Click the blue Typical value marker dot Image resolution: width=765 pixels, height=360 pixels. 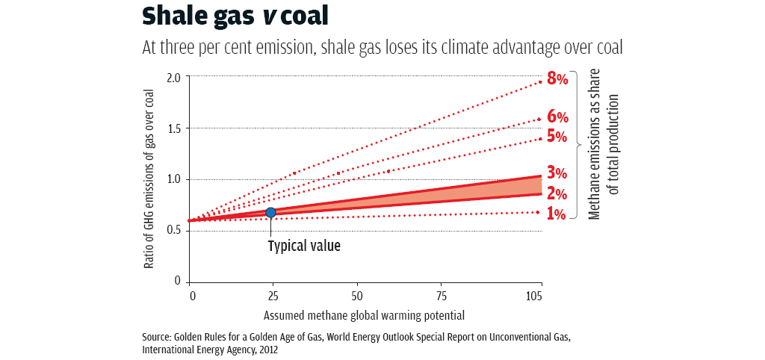271,213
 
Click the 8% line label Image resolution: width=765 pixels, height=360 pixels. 557,78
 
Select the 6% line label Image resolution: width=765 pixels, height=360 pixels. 557,117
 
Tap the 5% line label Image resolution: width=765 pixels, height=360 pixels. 557,137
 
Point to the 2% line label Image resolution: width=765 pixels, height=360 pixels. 557,194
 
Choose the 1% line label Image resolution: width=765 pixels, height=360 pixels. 557,214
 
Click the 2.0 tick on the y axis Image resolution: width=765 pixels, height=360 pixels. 173,78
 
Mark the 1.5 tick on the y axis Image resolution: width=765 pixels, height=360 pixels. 173,128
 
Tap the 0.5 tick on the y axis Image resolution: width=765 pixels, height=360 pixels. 173,230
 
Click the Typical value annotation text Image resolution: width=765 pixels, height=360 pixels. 304,245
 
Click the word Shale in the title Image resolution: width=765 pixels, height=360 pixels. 170,16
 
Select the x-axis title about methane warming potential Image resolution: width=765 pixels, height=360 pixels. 365,315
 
